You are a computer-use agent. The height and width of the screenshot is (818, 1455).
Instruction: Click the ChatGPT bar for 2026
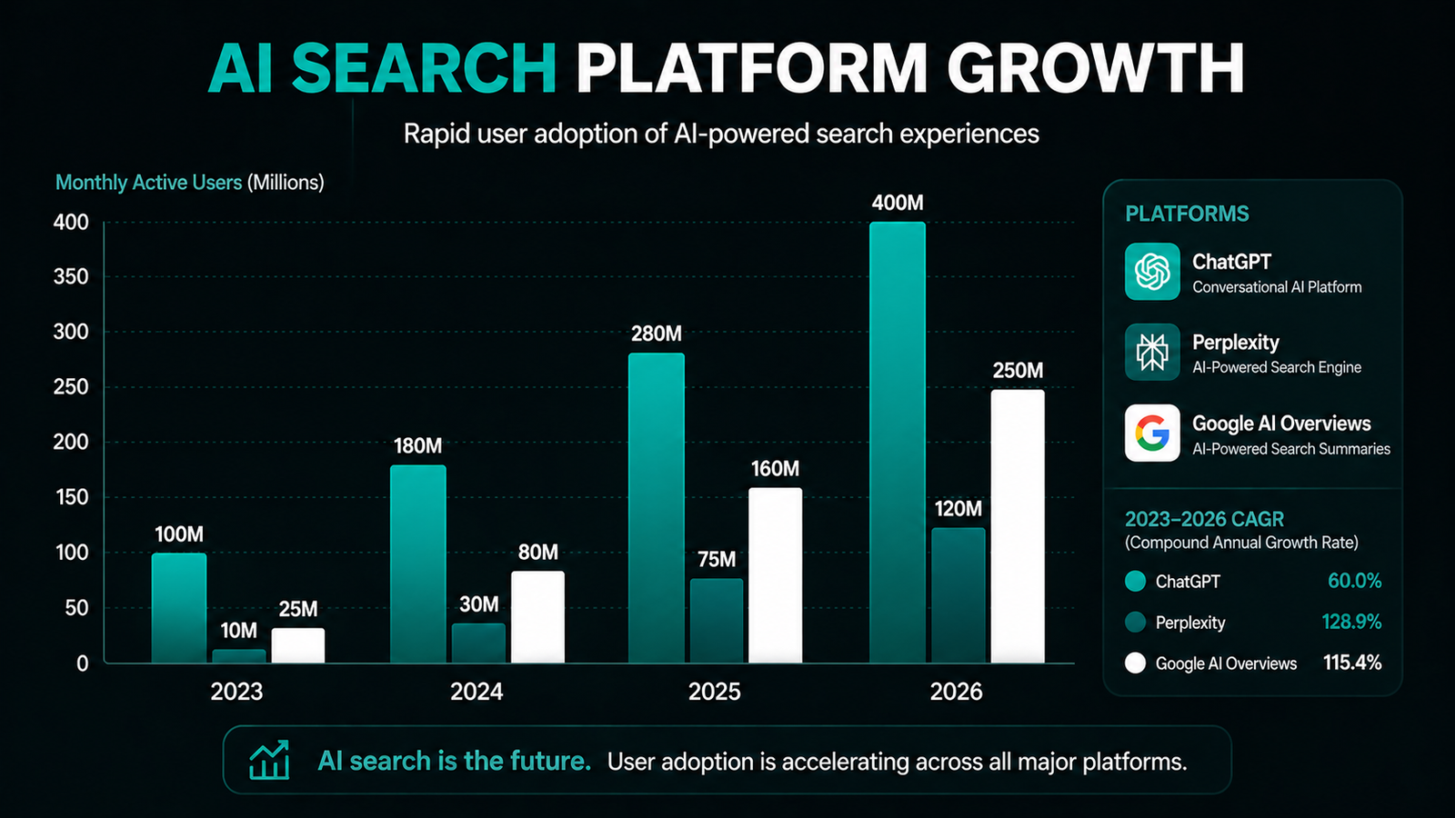click(897, 445)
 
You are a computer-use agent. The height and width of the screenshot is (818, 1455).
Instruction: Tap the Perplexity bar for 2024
click(478, 643)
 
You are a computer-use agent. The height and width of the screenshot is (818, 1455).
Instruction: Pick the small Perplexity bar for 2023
click(239, 655)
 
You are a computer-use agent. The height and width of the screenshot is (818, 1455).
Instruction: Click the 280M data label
click(657, 334)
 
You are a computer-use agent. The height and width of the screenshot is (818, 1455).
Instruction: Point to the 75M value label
click(717, 560)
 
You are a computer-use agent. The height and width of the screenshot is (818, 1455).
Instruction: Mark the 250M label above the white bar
click(1018, 371)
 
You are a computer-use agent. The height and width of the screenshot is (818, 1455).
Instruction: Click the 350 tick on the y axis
click(71, 277)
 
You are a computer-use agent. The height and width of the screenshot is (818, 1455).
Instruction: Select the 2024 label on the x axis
click(477, 692)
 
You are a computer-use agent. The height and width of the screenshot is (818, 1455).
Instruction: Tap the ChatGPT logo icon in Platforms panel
click(1152, 272)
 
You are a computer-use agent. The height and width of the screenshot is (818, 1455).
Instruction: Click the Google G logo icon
click(1152, 434)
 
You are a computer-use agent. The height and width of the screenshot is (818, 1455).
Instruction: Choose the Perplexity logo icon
click(1152, 353)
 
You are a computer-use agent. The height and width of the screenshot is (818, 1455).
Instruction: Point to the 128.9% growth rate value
click(1351, 622)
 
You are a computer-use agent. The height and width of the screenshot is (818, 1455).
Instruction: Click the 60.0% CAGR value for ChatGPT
click(1354, 581)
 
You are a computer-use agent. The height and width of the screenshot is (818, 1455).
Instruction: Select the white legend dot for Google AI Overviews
click(1135, 663)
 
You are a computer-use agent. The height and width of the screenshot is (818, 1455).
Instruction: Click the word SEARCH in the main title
click(424, 69)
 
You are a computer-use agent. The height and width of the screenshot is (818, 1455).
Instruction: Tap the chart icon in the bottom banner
click(269, 760)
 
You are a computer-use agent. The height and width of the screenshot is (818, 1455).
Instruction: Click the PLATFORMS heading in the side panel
click(1187, 214)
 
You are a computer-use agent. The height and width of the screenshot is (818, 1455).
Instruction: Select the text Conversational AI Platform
click(1277, 287)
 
